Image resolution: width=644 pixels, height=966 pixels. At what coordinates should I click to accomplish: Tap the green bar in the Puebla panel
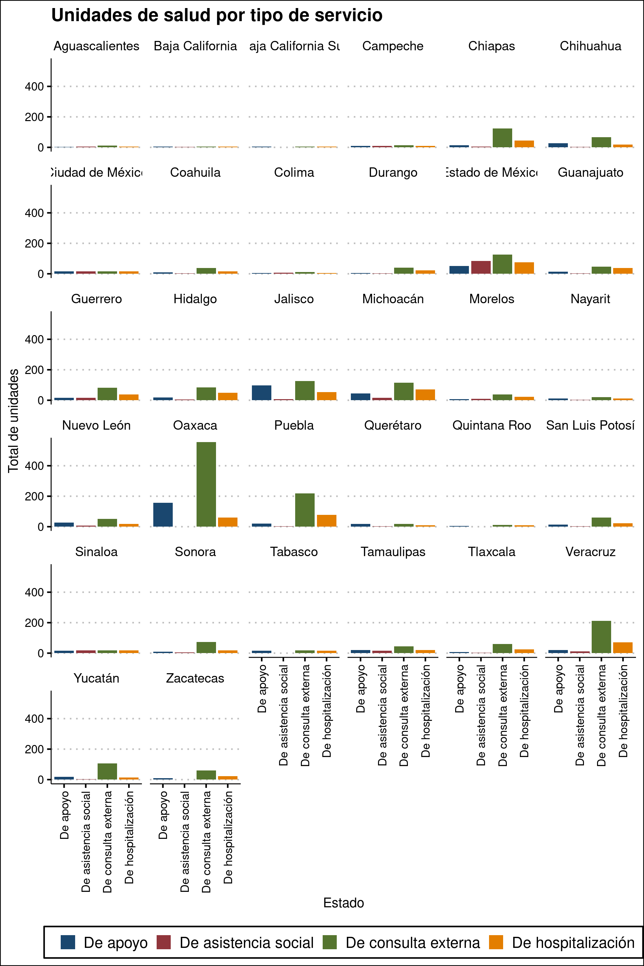305,510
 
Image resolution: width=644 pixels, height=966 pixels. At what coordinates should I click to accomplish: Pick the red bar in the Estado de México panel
481,267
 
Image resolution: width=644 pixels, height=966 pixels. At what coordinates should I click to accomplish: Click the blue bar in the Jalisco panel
261,393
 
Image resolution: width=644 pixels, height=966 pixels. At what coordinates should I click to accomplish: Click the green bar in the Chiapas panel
502,138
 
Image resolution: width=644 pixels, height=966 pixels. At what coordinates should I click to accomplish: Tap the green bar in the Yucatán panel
107,771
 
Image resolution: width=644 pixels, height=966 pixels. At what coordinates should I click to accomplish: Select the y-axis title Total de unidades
13,421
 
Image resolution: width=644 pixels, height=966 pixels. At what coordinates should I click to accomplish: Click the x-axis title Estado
343,903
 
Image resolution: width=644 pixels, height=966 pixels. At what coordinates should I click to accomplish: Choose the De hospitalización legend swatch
496,942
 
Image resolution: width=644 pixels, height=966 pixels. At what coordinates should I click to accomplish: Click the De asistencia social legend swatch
164,942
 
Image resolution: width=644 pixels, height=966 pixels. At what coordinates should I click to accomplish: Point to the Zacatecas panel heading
195,678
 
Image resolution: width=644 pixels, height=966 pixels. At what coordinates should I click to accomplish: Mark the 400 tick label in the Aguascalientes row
34,87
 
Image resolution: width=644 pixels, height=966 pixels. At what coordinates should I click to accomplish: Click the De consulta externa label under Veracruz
601,715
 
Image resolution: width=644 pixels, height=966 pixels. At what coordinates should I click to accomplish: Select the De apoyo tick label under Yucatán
64,815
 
